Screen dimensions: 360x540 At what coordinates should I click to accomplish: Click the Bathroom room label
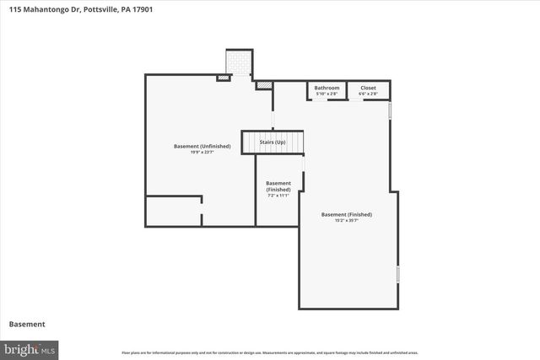pos(327,88)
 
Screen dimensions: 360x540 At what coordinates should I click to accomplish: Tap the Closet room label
pos(368,88)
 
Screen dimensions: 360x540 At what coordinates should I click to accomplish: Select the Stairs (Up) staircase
pos(273,142)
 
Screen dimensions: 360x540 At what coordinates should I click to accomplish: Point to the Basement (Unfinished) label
pos(202,146)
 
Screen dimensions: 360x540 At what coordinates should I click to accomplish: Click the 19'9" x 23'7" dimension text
pos(202,152)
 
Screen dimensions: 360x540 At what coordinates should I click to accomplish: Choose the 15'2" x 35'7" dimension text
pos(346,221)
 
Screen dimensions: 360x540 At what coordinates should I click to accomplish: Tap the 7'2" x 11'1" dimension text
pos(278,196)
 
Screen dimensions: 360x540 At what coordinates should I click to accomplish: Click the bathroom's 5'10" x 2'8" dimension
pos(327,94)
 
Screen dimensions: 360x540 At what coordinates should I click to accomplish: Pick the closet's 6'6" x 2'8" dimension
pos(368,94)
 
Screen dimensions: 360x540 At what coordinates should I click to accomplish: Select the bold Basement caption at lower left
pos(27,324)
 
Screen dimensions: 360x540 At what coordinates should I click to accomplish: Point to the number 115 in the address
pos(15,9)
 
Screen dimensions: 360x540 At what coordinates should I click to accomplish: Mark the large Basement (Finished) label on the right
pos(346,214)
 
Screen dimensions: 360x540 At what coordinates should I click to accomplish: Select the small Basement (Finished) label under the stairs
pos(278,186)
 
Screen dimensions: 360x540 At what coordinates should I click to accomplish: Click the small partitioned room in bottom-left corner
pos(173,211)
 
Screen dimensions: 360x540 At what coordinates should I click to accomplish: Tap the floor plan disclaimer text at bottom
pos(269,352)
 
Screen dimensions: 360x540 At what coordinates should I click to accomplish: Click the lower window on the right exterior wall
pos(398,275)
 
